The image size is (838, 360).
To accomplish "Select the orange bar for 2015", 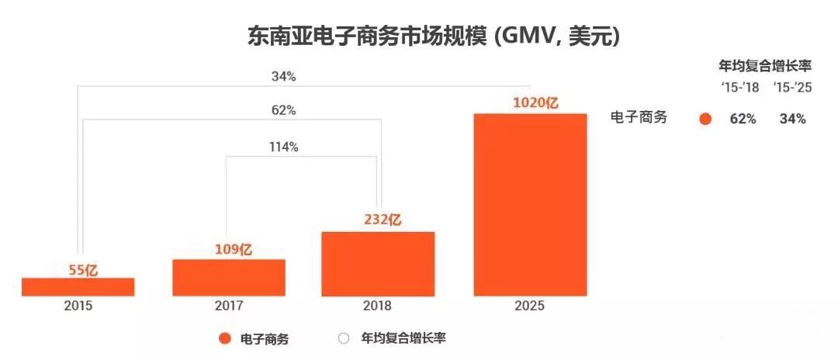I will point(78,286).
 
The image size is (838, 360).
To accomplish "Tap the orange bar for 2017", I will point(229,277).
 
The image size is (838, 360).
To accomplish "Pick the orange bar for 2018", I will point(378,264).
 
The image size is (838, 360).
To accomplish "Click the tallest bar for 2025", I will point(529,205).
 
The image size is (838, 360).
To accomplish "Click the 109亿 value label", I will point(234,250).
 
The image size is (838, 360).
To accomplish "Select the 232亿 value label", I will point(382,220).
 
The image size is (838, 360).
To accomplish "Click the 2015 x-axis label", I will point(78,306).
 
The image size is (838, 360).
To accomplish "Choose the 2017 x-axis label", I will point(229,306).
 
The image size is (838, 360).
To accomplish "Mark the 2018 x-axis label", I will point(378,306).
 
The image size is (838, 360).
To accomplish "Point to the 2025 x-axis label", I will point(529,306).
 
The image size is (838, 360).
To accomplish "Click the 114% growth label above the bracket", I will point(283,147).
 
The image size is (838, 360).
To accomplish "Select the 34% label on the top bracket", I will point(283,77).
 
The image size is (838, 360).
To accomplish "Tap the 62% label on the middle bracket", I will point(283,110).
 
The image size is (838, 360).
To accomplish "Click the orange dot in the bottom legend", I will point(225,338).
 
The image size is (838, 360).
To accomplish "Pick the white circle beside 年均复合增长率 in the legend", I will point(343,338).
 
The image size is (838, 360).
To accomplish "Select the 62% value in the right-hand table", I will point(743,119).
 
